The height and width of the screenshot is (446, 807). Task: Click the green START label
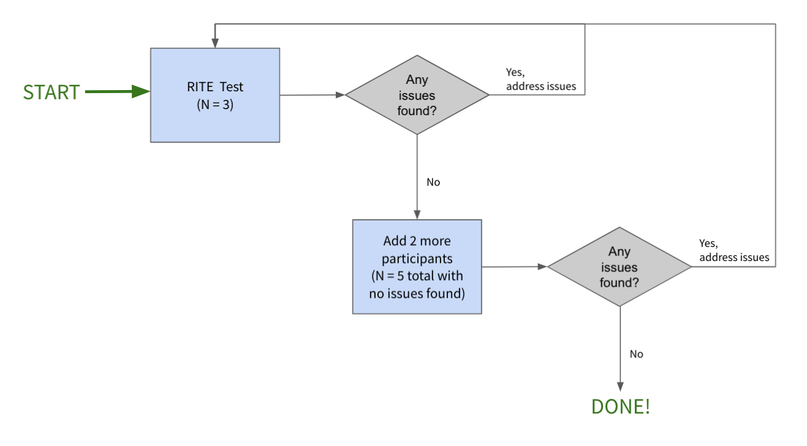tap(51, 92)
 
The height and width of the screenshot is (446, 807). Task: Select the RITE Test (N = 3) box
tap(215, 95)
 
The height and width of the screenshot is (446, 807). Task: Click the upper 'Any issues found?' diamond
tap(417, 95)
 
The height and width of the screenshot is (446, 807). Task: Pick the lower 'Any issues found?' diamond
tap(619, 266)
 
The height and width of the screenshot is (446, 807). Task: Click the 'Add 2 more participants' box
tap(417, 266)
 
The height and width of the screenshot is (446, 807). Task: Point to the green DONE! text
tap(620, 407)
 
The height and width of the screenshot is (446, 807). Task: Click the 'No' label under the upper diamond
tap(433, 183)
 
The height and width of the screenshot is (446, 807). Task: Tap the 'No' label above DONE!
tap(637, 354)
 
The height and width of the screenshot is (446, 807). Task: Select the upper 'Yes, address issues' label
tap(540, 80)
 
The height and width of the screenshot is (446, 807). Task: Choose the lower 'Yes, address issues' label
tap(734, 251)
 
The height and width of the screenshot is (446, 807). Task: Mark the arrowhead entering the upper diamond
tap(340, 95)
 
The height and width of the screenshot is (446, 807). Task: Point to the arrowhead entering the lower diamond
tap(542, 266)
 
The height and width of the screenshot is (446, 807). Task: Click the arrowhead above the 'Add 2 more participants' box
tap(417, 215)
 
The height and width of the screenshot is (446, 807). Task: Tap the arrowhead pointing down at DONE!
tap(620, 387)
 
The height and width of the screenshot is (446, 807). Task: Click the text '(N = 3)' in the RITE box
tap(214, 104)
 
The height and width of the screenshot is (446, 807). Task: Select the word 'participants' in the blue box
tap(417, 260)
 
